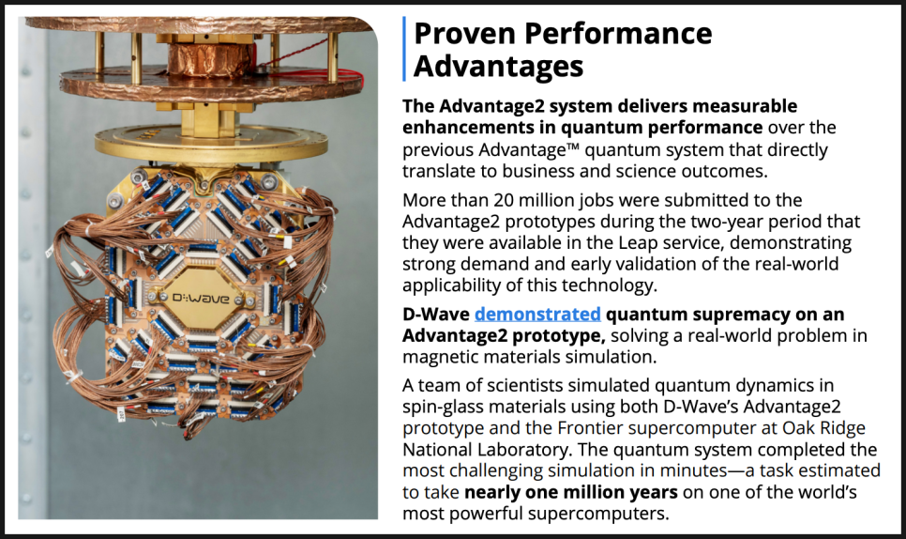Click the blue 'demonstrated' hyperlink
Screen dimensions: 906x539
pos(537,314)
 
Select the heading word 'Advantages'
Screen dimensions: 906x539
pos(499,67)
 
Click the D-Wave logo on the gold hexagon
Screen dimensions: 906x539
pos(201,299)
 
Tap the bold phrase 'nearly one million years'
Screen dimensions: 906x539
pos(571,492)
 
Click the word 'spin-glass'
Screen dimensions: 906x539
pos(443,408)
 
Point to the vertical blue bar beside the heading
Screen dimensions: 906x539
pos(404,49)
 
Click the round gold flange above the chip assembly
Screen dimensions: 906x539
pos(211,143)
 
